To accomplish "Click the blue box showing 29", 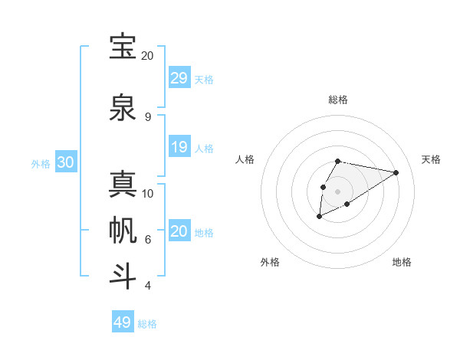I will tap(179, 77).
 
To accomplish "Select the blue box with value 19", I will tap(179, 146).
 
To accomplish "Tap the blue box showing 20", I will tap(179, 231).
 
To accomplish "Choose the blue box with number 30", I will tap(65, 162).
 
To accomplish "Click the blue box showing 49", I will tap(123, 322).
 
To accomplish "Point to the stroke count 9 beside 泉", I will tap(148, 116).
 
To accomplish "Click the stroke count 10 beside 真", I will tap(148, 193).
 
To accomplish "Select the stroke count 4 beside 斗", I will tap(148, 286).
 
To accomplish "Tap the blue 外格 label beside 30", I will tap(41, 163).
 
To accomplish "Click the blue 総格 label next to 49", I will tap(147, 324).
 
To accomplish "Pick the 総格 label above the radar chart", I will tap(338, 100).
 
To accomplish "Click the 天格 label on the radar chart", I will tap(431, 159).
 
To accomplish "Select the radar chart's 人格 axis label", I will tap(245, 159).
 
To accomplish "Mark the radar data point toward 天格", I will tap(396, 172).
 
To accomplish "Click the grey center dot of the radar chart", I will tap(338, 191).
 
